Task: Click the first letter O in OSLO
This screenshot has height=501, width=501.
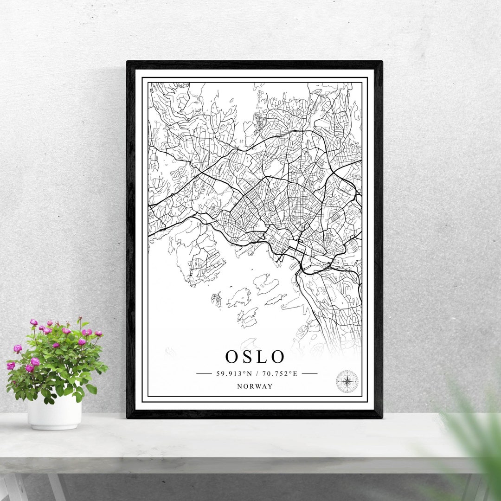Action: pos(232,357)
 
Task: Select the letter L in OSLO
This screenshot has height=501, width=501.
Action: pos(262,357)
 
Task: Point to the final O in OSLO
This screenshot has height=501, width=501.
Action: pos(277,357)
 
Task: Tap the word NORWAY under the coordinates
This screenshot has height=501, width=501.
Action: pos(255,386)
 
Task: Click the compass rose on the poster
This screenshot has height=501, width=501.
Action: pos(347,381)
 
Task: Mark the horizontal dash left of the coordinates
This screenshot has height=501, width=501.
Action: pos(204,373)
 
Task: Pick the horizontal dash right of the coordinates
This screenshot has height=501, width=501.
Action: pos(309,373)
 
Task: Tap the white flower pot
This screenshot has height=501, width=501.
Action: pos(54,412)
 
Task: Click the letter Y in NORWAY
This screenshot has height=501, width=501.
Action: pos(270,386)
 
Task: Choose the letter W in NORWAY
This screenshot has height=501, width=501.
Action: pos(259,386)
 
